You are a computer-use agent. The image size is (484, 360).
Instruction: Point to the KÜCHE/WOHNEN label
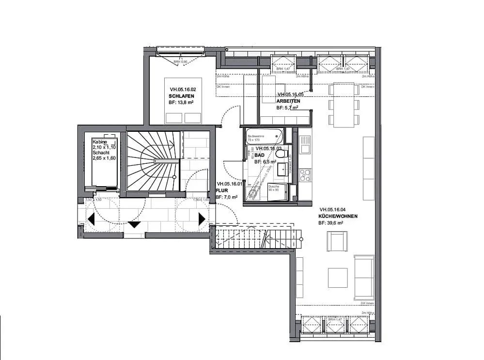pyautogui.click(x=338, y=216)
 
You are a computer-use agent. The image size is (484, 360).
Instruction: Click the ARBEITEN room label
pyautogui.click(x=288, y=101)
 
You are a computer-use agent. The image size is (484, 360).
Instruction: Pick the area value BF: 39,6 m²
pyautogui.click(x=331, y=223)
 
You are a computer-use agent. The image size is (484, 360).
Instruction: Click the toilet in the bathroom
pyautogui.click(x=281, y=154)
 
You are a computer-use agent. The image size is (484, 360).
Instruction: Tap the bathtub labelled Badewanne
pyautogui.click(x=265, y=134)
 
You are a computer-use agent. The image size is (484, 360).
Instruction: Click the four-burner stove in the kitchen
pyautogui.click(x=305, y=175)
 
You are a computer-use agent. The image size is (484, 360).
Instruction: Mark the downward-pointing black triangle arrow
pyautogui.click(x=134, y=224)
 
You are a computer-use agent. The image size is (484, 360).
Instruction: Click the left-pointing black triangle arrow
pyautogui.click(x=91, y=219)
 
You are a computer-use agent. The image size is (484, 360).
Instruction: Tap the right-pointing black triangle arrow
pyautogui.click(x=202, y=219)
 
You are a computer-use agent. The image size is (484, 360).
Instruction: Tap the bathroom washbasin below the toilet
pyautogui.click(x=281, y=169)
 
